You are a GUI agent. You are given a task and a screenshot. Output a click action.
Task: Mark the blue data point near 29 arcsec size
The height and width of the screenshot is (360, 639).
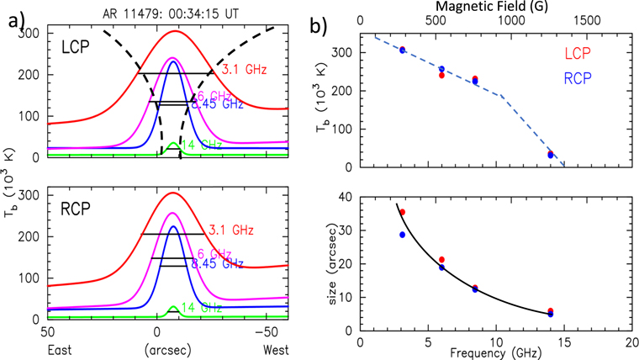402,235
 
